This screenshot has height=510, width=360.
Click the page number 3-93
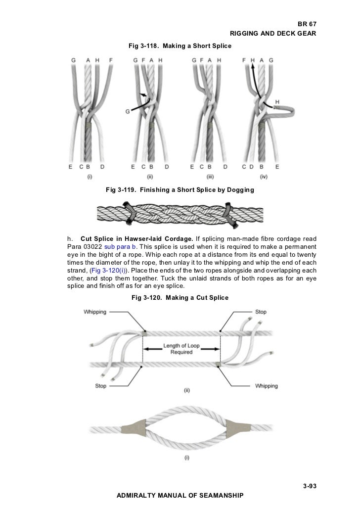(309, 486)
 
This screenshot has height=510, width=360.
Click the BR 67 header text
(306, 24)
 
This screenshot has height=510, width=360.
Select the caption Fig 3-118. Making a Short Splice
(180, 46)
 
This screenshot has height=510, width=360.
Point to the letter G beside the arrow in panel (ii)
(128, 111)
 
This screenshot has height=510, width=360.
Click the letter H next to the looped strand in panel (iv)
(277, 102)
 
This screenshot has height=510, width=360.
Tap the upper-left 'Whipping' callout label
(95, 312)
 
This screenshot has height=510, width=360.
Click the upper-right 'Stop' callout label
(261, 312)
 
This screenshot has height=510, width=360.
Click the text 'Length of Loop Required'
(181, 349)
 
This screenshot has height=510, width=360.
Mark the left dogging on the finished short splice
(131, 213)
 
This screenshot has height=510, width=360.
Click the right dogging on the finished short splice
(229, 212)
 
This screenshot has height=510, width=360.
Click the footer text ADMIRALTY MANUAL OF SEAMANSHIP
(180, 495)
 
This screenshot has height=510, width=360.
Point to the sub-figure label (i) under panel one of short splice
(90, 176)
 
